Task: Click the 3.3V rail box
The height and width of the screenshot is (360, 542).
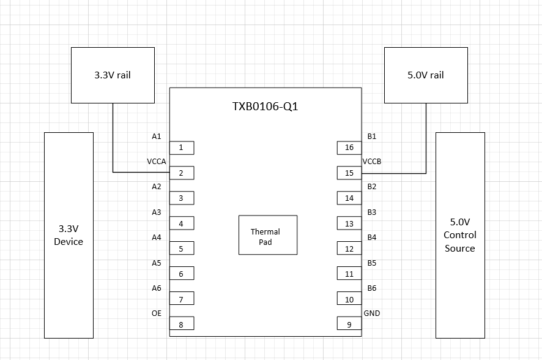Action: [x=113, y=75]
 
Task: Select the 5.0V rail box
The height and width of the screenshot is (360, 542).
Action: [x=426, y=75]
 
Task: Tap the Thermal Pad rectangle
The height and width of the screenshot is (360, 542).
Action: [x=268, y=235]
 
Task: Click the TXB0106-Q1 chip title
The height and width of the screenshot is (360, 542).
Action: [x=265, y=106]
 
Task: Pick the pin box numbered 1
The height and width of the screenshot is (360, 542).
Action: [x=182, y=148]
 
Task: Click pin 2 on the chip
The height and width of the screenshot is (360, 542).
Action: [x=182, y=173]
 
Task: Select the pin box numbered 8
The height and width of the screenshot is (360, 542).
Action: [x=182, y=323]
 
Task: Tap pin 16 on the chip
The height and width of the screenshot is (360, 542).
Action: [x=349, y=148]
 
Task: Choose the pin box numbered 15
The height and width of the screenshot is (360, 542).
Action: [x=349, y=173]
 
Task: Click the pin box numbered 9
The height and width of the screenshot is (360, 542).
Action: [x=349, y=323]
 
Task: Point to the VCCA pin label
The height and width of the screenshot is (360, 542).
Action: [x=157, y=162]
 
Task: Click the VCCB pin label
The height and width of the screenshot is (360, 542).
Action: [x=372, y=162]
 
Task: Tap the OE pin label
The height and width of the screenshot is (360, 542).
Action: [x=157, y=313]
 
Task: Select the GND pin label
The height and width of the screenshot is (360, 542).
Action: [x=372, y=313]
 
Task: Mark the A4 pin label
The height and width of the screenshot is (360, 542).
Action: [x=157, y=238]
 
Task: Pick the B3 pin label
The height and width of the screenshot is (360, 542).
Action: [x=372, y=212]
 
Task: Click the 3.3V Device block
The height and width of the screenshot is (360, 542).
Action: [x=69, y=235]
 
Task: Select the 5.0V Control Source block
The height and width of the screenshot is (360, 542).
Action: [x=461, y=235]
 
